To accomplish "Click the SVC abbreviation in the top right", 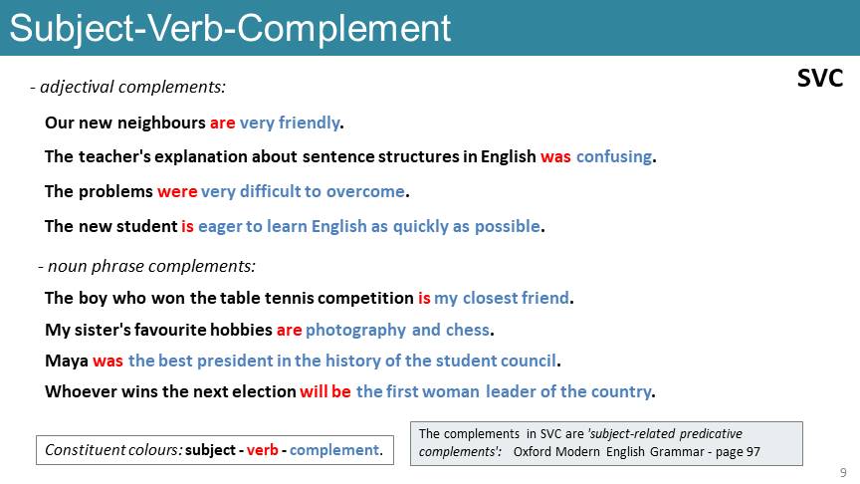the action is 820,79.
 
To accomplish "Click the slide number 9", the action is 843,472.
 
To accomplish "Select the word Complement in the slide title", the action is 343,29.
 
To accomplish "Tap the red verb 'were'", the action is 177,191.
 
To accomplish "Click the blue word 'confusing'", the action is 614,157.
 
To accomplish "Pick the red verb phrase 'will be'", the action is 325,391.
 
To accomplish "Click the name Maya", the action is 67,362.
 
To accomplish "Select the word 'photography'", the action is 355,330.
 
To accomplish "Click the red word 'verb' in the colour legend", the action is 262,450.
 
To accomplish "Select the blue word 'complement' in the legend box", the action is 334,450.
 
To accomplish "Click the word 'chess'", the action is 467,330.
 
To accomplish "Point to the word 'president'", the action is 235,362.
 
